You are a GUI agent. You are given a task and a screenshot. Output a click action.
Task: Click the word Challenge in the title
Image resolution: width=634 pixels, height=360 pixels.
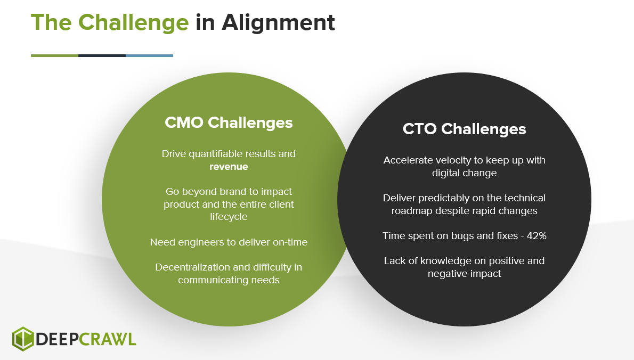pos(133,23)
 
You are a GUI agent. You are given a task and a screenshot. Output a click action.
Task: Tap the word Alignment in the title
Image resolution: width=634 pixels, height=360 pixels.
pos(278,22)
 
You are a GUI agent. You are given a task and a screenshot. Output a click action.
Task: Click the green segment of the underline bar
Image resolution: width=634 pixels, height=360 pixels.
pos(54,55)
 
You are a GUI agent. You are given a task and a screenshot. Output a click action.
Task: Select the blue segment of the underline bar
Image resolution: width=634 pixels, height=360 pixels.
pos(150,55)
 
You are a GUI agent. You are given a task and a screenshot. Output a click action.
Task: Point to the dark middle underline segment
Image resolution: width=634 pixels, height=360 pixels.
pos(102,55)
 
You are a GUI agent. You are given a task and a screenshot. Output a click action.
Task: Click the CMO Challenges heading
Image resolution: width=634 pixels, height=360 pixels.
pos(229,122)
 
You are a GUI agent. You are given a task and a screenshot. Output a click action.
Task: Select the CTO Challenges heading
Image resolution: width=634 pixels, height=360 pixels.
pos(464,129)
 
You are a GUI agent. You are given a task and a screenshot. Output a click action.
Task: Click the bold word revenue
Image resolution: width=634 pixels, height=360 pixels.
pos(229,167)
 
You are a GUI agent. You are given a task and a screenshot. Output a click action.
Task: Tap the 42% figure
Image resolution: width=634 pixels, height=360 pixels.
pos(536,235)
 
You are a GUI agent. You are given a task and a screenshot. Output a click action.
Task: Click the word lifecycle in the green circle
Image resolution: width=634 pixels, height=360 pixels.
pos(229,217)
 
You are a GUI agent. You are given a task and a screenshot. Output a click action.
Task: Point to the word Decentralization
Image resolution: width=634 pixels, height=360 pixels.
pos(191,267)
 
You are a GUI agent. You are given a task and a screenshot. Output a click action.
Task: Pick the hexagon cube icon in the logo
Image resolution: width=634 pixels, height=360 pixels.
pos(23,339)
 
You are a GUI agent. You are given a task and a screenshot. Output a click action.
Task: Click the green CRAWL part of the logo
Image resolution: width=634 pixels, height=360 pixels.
pos(108,339)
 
